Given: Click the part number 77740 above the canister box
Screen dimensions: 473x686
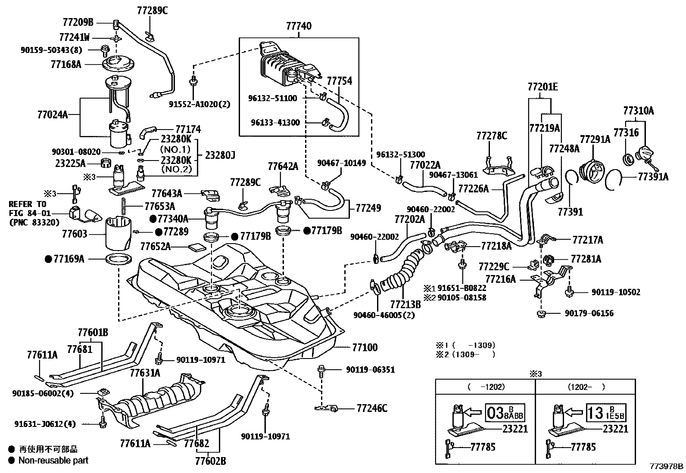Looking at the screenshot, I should pos(299,27).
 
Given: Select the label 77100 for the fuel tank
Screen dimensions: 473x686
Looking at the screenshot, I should pos(365,347).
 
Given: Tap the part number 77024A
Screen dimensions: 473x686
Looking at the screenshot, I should pos(53,115).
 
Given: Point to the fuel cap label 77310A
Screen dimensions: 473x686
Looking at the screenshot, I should pos(638,111).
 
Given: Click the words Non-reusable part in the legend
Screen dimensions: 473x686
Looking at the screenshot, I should pos(53,460).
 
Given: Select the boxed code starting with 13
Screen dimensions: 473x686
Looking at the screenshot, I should pos(606,414).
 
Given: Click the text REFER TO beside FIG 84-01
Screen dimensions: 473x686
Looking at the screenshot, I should pos(27,204).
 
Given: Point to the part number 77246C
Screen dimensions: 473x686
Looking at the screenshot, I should pos(372,408).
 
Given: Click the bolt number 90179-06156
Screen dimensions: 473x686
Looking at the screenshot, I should pos(589,313).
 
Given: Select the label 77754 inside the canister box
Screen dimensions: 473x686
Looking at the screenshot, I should pos(339,81).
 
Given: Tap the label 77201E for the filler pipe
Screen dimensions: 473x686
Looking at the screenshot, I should pos(543,87).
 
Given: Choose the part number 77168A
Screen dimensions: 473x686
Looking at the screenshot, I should pos(65,64).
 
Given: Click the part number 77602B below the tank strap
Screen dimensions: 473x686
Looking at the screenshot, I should pos(209,461).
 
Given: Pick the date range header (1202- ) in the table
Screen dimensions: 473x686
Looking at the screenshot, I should pos(586,387).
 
